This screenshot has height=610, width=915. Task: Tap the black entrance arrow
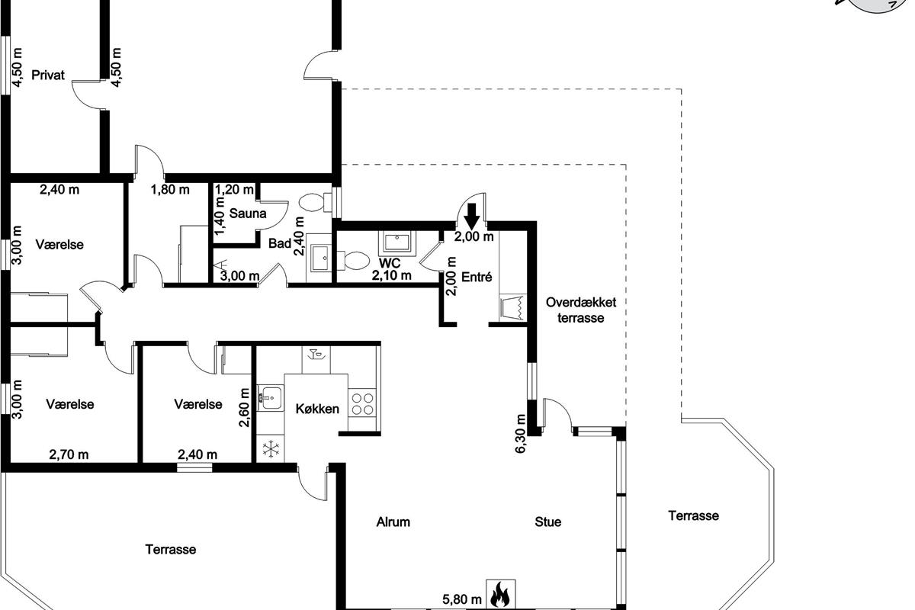point(472,216)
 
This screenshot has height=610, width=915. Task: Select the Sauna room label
point(248,213)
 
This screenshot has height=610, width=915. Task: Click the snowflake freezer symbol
point(270,448)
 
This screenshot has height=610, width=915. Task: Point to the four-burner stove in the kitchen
point(362,403)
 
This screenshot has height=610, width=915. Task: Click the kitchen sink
point(270,397)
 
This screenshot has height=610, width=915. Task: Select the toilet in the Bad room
point(316,203)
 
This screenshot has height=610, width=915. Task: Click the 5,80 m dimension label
point(461,599)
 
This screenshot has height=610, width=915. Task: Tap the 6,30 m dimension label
point(520,434)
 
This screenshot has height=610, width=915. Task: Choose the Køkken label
point(317,409)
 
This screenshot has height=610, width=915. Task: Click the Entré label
point(477,277)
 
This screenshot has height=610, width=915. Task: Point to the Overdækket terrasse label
point(581,310)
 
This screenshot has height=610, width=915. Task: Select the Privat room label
point(48,75)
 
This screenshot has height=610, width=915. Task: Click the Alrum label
point(393,522)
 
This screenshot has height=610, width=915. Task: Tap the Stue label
point(547,522)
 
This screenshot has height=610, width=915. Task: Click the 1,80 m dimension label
point(170,190)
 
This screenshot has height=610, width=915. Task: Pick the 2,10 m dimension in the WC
point(391,275)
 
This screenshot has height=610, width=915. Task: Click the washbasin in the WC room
point(396,242)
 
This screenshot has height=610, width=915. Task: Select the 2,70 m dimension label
point(69,454)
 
